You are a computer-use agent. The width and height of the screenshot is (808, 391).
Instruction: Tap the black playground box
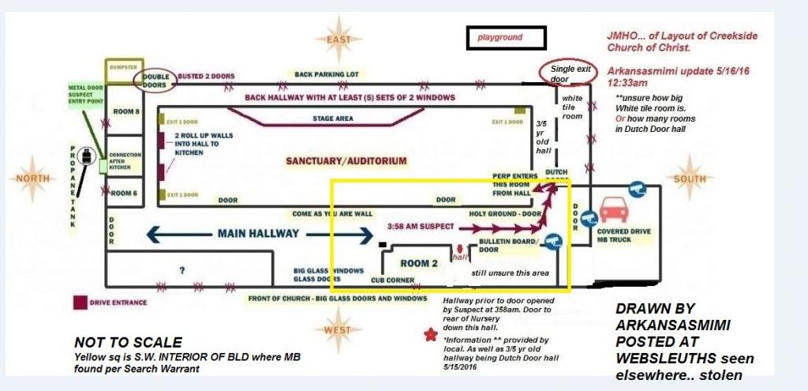[506, 38]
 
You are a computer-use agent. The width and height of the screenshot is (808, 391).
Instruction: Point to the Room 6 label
[124, 193]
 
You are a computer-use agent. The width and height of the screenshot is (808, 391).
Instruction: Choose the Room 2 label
[418, 262]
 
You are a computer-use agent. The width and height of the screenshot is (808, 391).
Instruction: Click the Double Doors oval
[155, 79]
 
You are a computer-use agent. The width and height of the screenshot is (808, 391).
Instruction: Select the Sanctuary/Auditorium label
[346, 161]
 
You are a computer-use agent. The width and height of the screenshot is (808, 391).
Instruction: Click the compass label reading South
[689, 179]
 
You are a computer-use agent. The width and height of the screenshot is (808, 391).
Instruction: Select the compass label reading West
[337, 329]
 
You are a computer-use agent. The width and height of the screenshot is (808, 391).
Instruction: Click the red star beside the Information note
[430, 335]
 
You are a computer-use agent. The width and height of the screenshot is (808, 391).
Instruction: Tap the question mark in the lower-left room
[182, 269]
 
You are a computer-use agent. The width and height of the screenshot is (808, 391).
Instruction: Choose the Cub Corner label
[388, 279]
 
